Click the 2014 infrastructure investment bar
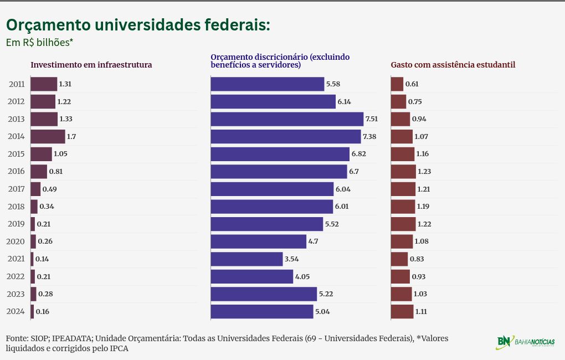coord(48,136)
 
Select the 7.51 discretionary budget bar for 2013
coord(287,119)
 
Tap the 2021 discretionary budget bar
coord(246,259)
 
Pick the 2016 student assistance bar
coord(403,172)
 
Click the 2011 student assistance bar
coord(397,84)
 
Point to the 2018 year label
coord(17,207)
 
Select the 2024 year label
coord(17,311)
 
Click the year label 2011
coord(17,84)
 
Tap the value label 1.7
coord(71,136)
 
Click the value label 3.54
coord(291,259)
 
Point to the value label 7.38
coord(369,136)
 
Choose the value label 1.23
coord(424,172)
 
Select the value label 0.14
coord(42,259)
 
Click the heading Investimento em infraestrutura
coord(91,65)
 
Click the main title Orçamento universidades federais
coord(138,25)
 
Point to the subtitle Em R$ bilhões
coord(39,42)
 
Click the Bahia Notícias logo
coord(525,342)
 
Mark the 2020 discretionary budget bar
coord(258,241)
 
